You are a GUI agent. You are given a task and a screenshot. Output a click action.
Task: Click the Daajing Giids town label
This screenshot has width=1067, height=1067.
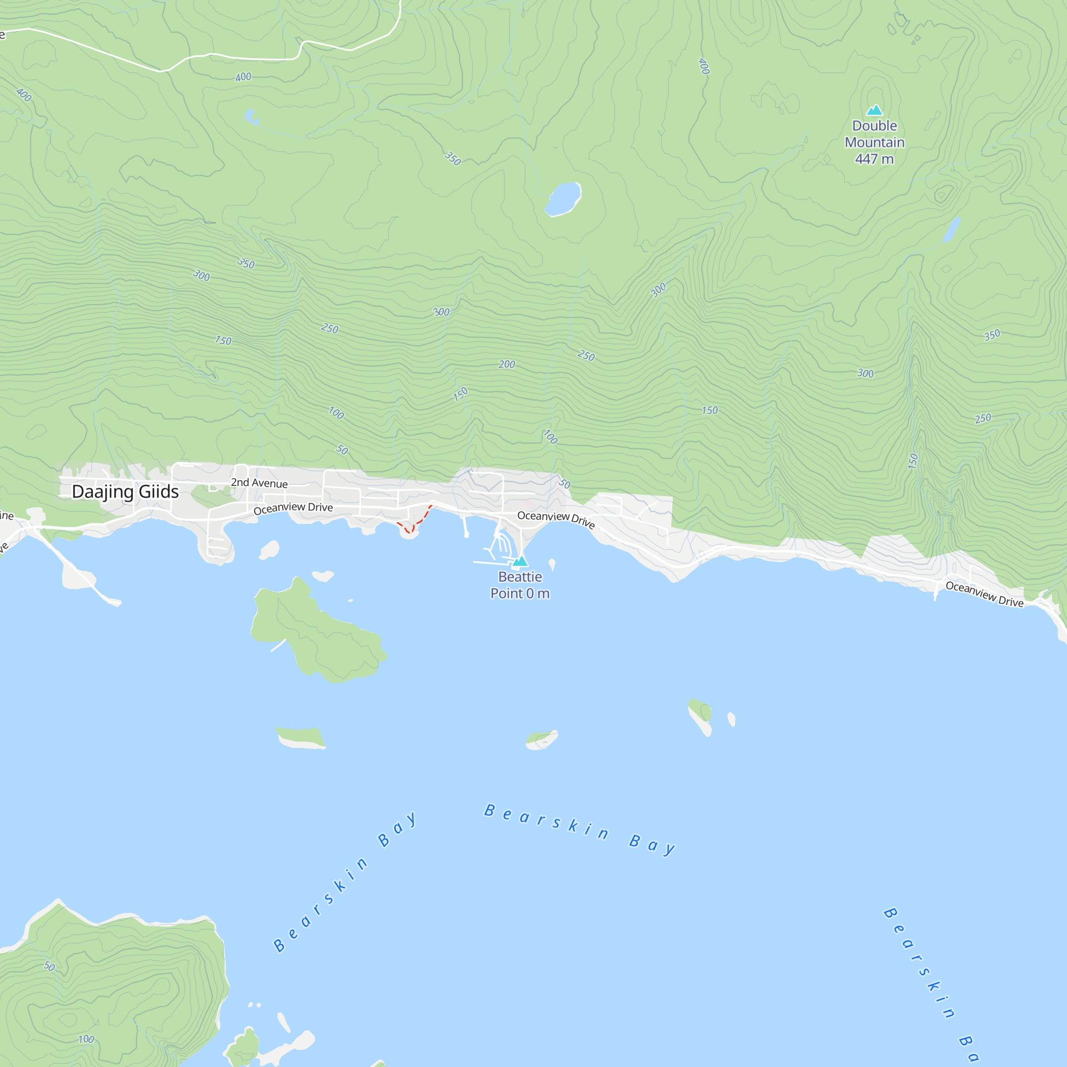[125, 491]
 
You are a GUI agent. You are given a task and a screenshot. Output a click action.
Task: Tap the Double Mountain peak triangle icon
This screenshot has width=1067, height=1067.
[874, 110]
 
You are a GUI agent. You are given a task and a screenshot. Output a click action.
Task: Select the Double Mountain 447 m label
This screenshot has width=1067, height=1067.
[874, 142]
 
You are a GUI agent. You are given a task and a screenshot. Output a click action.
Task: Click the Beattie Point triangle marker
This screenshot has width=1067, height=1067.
[520, 562]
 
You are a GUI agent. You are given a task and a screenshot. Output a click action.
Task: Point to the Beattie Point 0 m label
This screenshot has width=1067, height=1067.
[520, 585]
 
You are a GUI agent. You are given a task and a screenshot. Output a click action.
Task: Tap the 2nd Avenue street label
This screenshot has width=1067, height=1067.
[259, 483]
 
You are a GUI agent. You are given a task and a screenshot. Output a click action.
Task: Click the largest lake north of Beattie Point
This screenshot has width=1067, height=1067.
[563, 199]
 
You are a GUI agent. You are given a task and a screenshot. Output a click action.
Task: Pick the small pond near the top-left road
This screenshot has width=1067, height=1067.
[251, 117]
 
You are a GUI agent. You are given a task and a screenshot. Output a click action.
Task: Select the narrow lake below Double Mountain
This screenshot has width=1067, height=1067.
[951, 229]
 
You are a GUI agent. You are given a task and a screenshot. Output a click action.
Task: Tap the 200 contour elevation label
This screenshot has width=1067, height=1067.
[506, 364]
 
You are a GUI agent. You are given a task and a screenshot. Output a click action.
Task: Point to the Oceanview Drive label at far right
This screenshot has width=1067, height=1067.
[984, 594]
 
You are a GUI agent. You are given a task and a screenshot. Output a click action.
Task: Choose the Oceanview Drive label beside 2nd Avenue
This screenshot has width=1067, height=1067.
[293, 508]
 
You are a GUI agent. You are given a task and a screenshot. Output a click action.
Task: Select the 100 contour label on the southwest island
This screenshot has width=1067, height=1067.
[86, 1039]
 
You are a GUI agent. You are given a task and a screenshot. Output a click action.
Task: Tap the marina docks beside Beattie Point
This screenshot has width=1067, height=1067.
[500, 547]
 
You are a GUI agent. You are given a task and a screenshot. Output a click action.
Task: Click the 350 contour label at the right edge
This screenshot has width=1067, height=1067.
[992, 335]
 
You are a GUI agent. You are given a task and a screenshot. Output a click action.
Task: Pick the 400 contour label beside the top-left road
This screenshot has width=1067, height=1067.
[243, 77]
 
